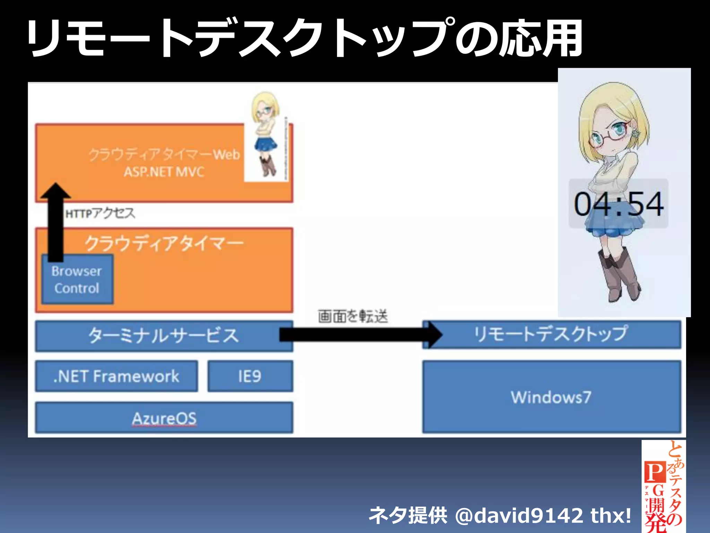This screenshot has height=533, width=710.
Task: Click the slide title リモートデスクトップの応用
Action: (305, 38)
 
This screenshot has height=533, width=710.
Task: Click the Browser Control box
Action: (77, 280)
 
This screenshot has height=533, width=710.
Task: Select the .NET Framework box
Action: (116, 377)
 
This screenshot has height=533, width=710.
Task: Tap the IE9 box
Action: (250, 377)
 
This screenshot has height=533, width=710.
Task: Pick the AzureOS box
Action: (164, 418)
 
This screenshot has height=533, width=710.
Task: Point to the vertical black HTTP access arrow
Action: (56, 226)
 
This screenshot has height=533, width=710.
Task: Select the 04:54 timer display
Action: (619, 204)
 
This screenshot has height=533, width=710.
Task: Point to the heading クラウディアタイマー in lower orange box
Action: (164, 243)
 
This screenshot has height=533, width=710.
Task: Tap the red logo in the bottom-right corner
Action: (663, 486)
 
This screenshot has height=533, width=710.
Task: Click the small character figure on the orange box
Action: (266, 135)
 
